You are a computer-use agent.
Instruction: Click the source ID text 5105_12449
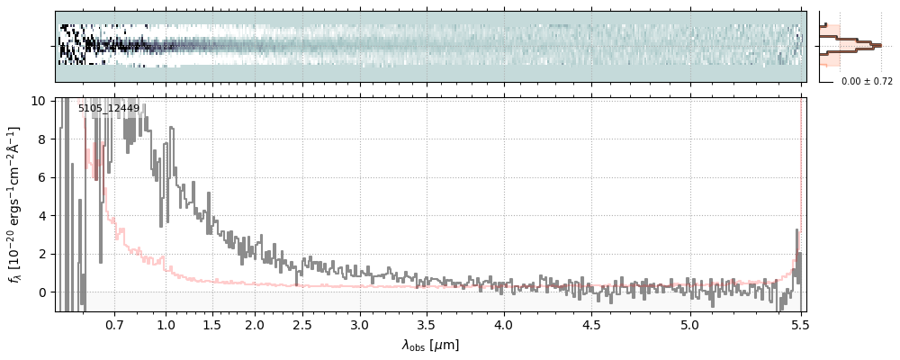109,109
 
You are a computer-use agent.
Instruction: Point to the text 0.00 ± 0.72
867,82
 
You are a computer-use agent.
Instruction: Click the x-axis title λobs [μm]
430,345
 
